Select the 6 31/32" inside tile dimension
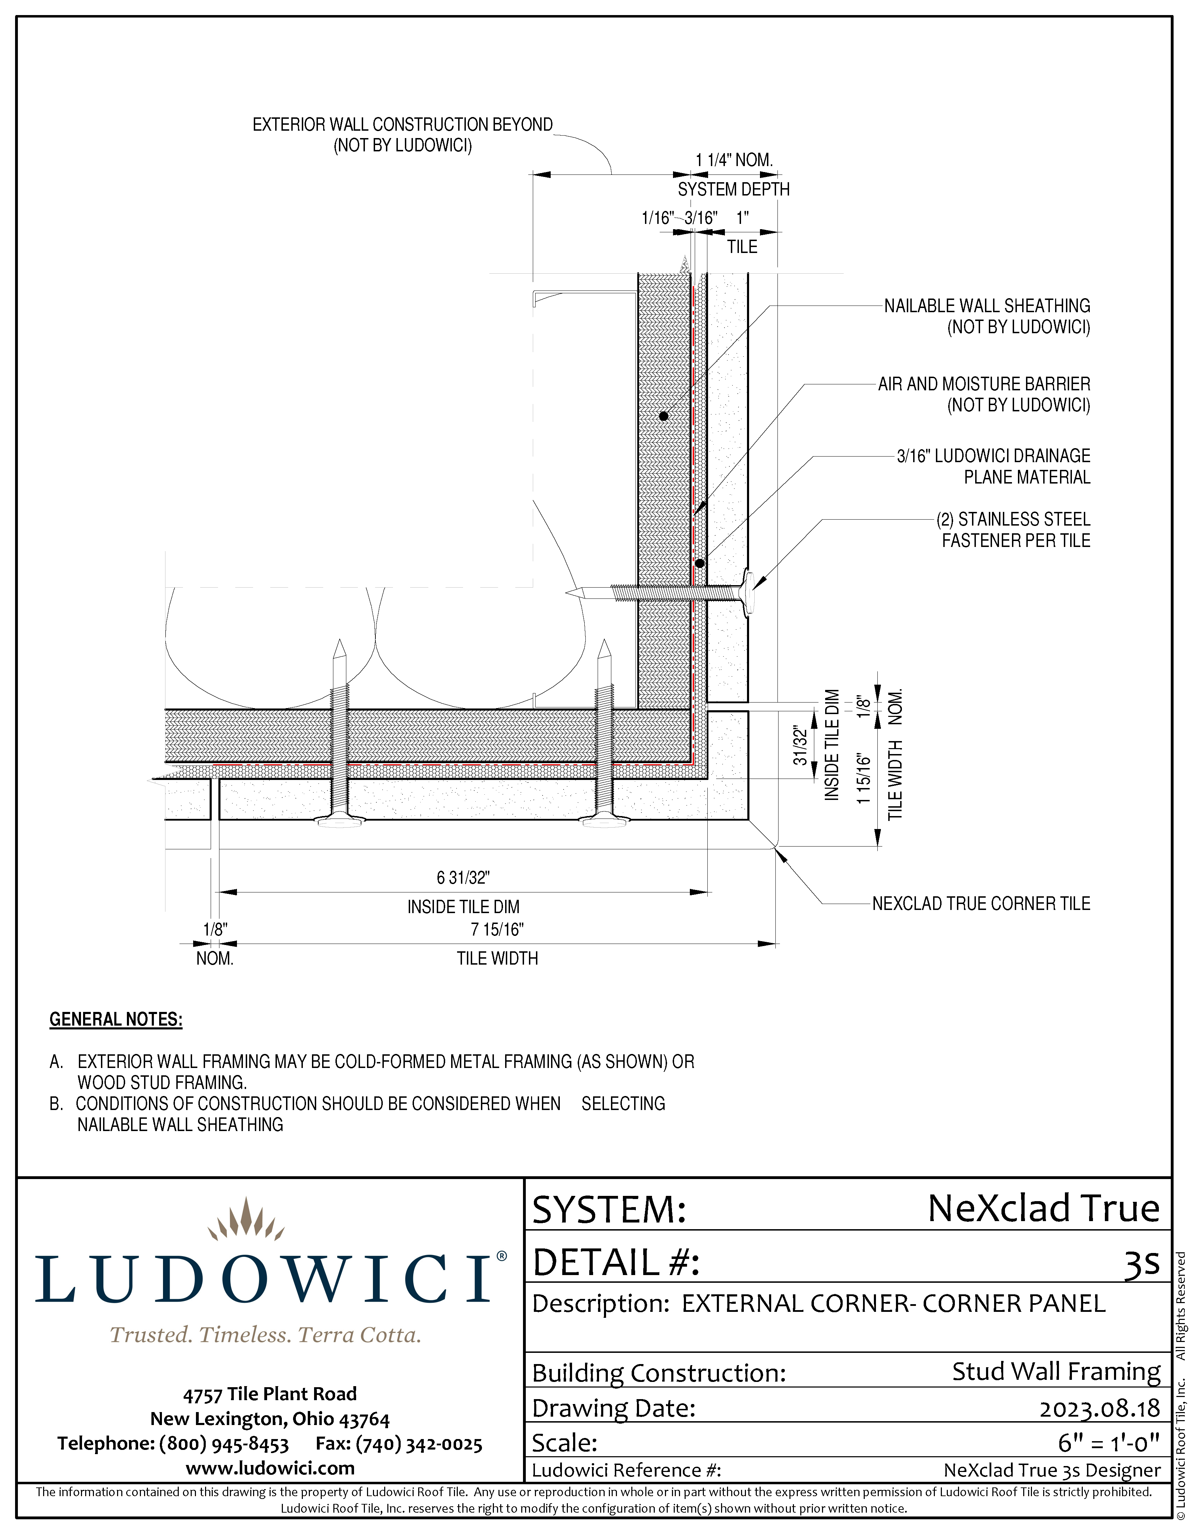point(463,878)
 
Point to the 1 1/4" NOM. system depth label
point(734,160)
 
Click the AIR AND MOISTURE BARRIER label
point(984,384)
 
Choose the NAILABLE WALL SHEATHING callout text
point(987,306)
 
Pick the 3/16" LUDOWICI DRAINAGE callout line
point(993,456)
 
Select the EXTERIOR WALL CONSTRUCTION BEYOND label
point(403,125)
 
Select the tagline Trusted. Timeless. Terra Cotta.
point(266,1335)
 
